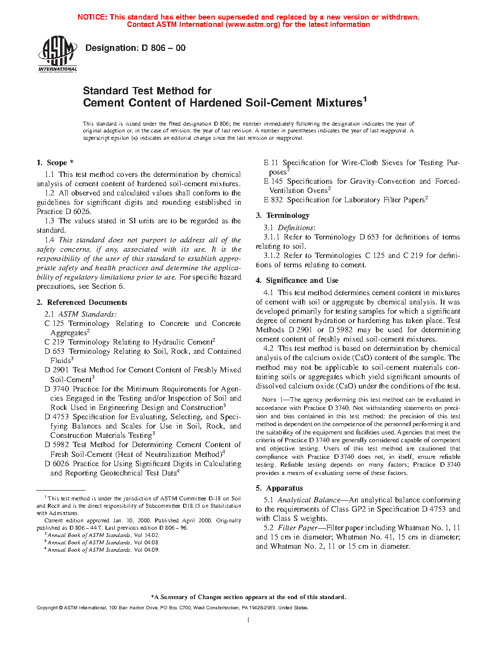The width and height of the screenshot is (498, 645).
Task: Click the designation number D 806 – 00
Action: (163, 48)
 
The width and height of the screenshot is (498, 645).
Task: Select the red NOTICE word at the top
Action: (92, 17)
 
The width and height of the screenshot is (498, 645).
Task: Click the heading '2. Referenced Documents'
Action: (82, 302)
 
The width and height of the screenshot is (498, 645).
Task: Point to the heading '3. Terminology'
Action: (283, 215)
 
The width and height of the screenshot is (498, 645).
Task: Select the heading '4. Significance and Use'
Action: (297, 280)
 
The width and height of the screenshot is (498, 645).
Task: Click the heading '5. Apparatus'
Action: (279, 488)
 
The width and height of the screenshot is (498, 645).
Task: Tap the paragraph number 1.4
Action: (49, 240)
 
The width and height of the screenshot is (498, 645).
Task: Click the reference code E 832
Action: (273, 200)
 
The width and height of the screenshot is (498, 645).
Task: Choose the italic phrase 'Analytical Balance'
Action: (309, 500)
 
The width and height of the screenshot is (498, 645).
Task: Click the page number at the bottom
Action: (249, 620)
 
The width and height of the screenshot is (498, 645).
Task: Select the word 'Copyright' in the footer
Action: (47, 608)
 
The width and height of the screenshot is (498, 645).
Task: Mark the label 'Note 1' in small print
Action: (272, 400)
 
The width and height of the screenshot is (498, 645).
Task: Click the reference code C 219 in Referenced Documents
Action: (54, 342)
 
